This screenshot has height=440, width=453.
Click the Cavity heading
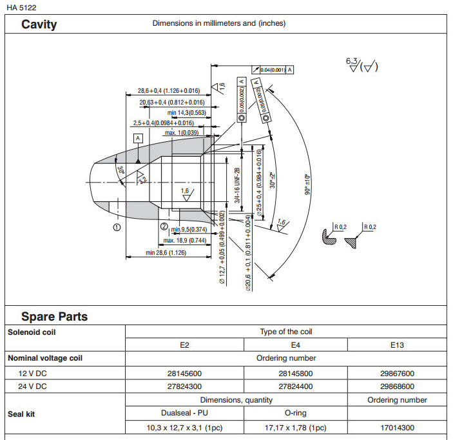(x=39, y=25)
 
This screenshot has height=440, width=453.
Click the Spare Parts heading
(x=54, y=317)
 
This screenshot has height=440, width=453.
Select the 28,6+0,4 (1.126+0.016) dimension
(x=169, y=92)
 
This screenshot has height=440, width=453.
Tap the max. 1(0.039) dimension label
(x=182, y=133)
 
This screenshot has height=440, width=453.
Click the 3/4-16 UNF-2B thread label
(x=237, y=186)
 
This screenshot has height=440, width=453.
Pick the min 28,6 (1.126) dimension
(x=166, y=252)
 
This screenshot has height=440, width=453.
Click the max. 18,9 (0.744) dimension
(x=184, y=241)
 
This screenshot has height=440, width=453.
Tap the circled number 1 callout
(x=117, y=227)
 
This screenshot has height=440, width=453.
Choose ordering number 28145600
(x=184, y=373)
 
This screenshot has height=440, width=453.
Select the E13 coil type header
(x=396, y=345)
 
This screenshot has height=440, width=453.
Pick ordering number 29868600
(x=396, y=386)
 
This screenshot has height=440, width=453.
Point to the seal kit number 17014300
(x=396, y=427)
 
